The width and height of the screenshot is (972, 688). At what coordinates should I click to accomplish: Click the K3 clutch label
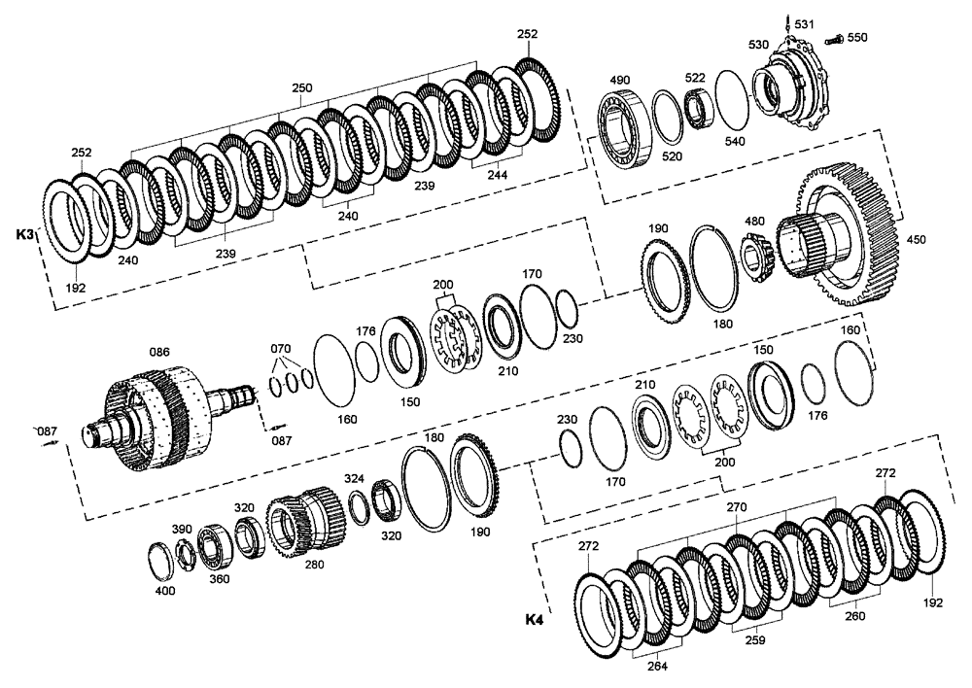point(25,235)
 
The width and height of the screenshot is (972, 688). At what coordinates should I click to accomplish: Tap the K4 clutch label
point(534,619)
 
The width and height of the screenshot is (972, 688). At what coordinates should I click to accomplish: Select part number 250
point(302,87)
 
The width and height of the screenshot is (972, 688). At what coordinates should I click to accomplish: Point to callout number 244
point(497,175)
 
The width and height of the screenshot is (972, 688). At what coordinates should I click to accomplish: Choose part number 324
point(354,479)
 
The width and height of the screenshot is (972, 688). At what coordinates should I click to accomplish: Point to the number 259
point(754,640)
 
